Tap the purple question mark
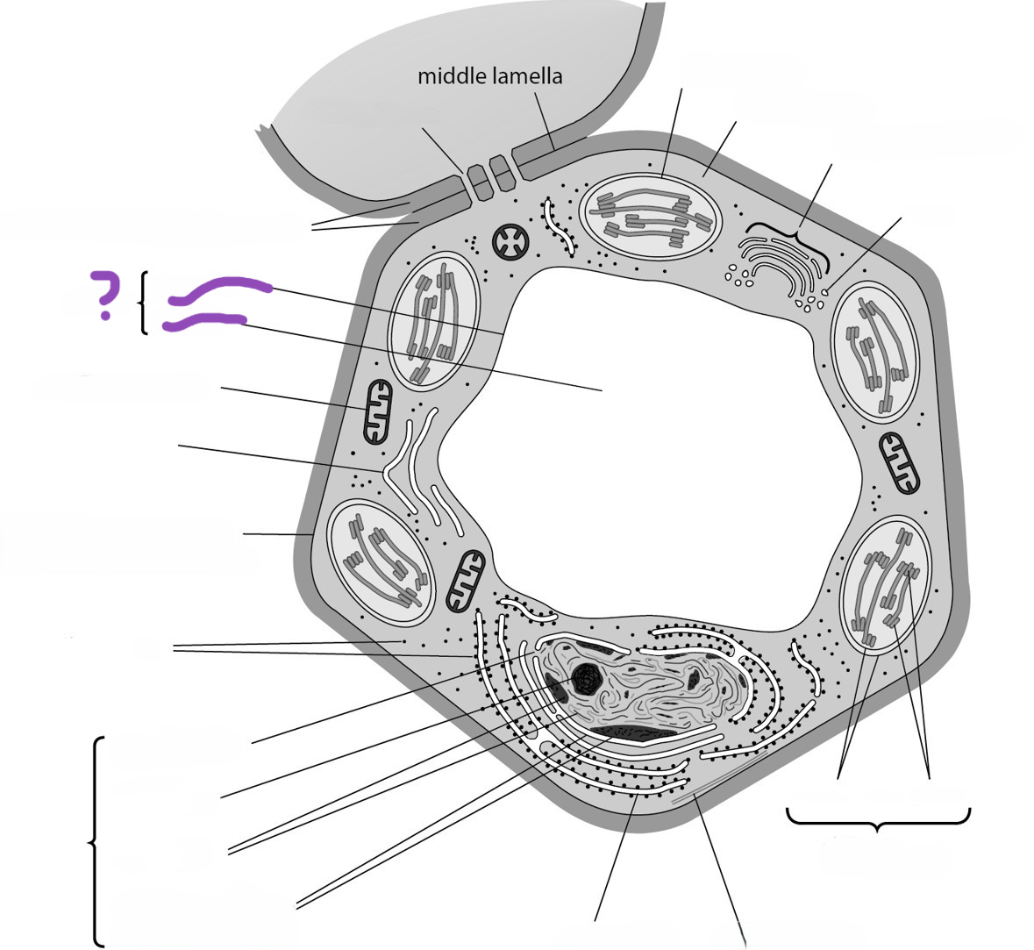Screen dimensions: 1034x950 (x=105, y=296)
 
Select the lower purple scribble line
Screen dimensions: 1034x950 (x=204, y=321)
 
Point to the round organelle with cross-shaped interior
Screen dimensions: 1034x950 (x=510, y=242)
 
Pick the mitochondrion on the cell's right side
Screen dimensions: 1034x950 (x=900, y=463)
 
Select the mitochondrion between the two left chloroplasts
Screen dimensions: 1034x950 (x=378, y=411)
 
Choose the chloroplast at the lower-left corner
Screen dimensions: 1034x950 (x=382, y=562)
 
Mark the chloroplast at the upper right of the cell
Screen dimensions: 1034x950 (x=875, y=350)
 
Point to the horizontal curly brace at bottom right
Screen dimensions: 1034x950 (x=879, y=822)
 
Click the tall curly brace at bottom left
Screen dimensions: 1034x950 (x=96, y=842)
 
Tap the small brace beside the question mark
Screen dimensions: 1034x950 (x=142, y=304)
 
